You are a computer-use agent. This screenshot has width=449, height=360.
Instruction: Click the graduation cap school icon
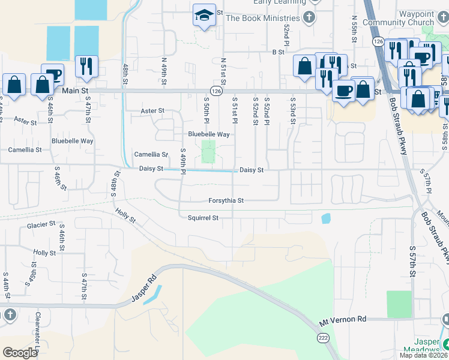[x=204, y=15]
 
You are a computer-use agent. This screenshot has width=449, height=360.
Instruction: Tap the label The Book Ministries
[x=262, y=18]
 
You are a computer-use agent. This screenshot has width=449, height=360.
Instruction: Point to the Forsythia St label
[x=226, y=200]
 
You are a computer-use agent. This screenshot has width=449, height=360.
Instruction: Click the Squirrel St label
[x=202, y=218]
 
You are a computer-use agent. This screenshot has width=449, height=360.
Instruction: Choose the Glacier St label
[x=41, y=225]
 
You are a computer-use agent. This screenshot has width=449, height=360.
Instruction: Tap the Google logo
[x=20, y=352]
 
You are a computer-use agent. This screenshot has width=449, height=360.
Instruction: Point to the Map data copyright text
[x=424, y=355]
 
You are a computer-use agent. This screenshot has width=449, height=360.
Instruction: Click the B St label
[x=278, y=52]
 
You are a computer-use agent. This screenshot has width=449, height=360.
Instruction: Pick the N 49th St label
[x=163, y=70]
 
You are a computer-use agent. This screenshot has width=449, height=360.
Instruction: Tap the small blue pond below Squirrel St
[x=326, y=218]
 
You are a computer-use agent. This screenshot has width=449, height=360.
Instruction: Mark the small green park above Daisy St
[x=208, y=151]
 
